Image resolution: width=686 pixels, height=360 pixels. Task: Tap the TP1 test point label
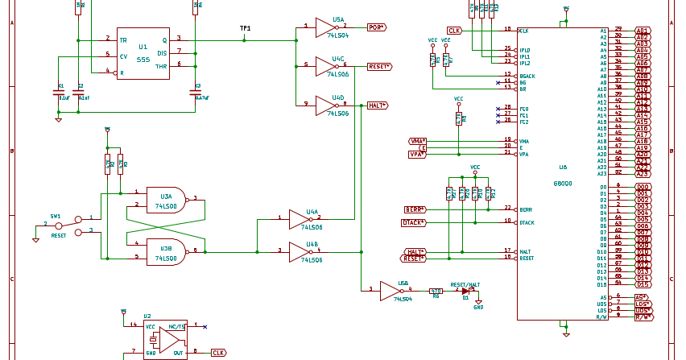point(246,28)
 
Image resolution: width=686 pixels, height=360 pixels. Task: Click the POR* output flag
point(376,27)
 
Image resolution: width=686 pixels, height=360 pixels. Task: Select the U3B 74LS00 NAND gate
point(167,251)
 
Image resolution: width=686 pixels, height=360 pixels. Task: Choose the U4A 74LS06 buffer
point(303,220)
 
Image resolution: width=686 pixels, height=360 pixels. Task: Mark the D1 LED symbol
point(465,291)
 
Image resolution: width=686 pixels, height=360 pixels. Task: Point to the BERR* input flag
point(415,209)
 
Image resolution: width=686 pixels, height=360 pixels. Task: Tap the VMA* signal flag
point(417,140)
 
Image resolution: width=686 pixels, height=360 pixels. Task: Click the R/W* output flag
point(644,317)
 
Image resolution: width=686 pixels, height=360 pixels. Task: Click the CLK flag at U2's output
point(218,353)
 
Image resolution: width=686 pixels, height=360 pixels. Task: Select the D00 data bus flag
point(643,187)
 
